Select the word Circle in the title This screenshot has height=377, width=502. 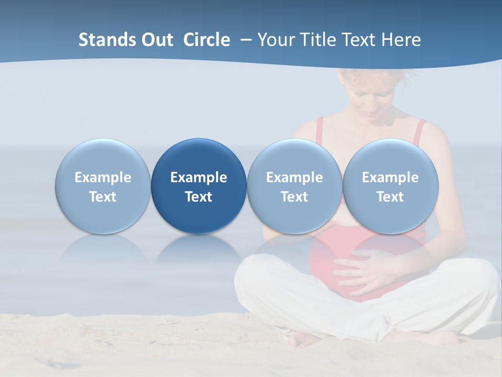tap(207, 40)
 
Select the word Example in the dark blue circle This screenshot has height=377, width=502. tap(199, 178)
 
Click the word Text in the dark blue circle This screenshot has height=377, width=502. tap(199, 197)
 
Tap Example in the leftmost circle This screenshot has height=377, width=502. tap(102, 178)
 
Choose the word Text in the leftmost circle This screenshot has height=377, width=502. tap(102, 197)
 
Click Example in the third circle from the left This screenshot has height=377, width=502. tap(294, 178)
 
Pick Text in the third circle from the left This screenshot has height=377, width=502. tap(294, 197)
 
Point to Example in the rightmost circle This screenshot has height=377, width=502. tap(390, 178)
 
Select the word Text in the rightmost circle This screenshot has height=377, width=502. tap(390, 197)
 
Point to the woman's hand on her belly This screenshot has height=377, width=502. tap(366, 267)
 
